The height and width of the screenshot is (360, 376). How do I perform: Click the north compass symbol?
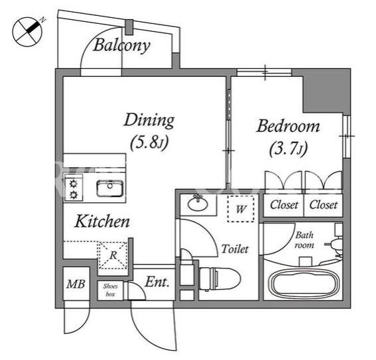click(27, 32)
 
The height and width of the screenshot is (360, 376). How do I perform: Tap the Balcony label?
click(122, 45)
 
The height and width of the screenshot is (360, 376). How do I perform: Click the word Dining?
click(149, 120)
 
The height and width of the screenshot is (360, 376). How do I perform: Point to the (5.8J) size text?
click(149, 143)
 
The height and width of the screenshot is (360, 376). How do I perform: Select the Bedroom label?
click(288, 126)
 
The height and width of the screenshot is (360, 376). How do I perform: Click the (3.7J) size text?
click(288, 149)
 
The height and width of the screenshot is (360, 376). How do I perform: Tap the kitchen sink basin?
click(110, 188)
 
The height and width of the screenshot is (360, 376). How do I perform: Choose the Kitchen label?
click(102, 221)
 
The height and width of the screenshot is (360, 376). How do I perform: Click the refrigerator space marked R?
click(113, 255)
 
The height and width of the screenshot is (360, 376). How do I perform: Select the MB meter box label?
click(76, 284)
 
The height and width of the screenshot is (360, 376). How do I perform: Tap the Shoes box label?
click(110, 290)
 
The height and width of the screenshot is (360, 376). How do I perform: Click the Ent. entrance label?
click(157, 282)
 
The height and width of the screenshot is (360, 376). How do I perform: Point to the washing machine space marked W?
click(241, 209)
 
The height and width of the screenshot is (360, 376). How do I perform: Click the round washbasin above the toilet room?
click(198, 204)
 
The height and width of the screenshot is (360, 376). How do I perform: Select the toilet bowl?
click(219, 278)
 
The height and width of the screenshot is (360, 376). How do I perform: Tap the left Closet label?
click(284, 205)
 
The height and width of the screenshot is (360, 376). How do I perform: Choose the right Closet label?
click(323, 205)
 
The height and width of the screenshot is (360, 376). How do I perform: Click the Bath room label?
click(304, 240)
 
